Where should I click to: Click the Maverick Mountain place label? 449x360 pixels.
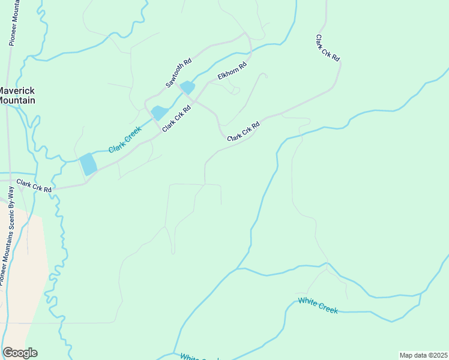pyautogui.click(x=17, y=95)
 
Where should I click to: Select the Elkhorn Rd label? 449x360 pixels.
pyautogui.click(x=232, y=72)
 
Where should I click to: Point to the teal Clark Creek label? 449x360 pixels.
pyautogui.click(x=125, y=140)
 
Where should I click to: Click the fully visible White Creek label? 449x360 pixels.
pyautogui.click(x=318, y=305)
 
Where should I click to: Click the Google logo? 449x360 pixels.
pyautogui.click(x=20, y=353)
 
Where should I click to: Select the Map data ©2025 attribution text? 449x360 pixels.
pyautogui.click(x=424, y=355)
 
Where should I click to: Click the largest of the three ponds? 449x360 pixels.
pyautogui.click(x=88, y=164)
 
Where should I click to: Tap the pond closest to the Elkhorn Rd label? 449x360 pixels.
pyautogui.click(x=188, y=88)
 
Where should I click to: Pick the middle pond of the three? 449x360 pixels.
pyautogui.click(x=160, y=112)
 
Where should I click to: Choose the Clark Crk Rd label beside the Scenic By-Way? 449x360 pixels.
pyautogui.click(x=34, y=185)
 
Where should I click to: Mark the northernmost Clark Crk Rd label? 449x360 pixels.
pyautogui.click(x=328, y=47)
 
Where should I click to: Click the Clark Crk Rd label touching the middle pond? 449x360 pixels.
pyautogui.click(x=176, y=119)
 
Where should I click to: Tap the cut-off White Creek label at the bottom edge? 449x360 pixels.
pyautogui.click(x=199, y=357)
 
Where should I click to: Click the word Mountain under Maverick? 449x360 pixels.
pyautogui.click(x=17, y=100)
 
